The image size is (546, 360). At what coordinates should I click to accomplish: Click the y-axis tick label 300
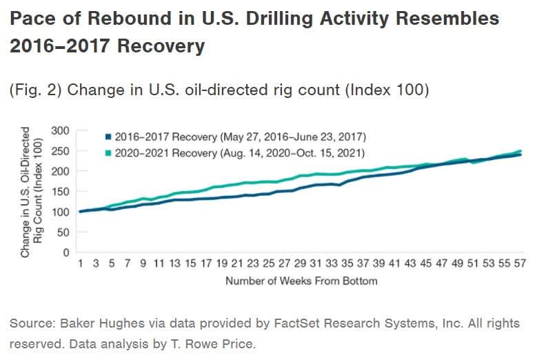coord(61,130)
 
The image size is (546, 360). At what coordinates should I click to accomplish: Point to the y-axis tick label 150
coord(61,192)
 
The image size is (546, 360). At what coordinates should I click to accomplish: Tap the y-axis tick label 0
coord(66,253)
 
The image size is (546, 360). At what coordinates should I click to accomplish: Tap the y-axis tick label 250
coord(61,151)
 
